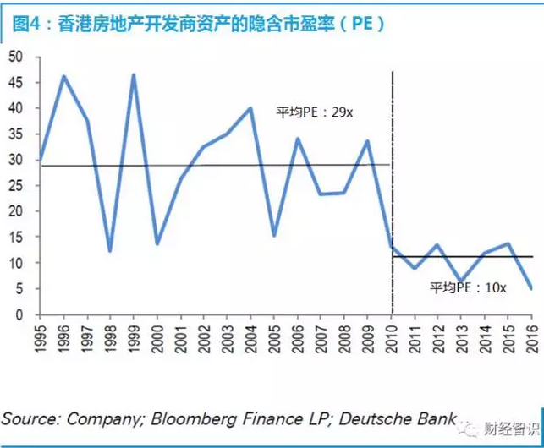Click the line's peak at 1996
coord(63,76)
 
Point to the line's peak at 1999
coord(134,75)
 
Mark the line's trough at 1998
coord(110,251)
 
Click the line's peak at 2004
coord(250,108)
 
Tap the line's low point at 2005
coord(274,236)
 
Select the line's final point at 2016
coord(531,288)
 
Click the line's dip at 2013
coord(461,281)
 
